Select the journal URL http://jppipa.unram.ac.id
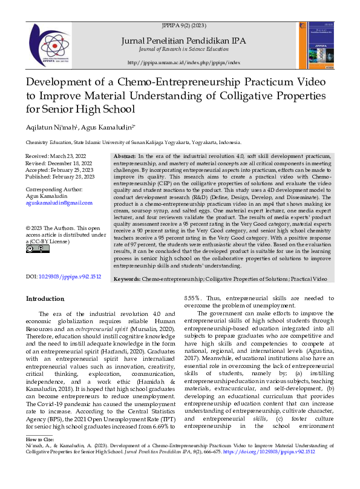tap(184, 62)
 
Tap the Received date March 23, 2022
tap(67, 157)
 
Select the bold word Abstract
tap(125, 157)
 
